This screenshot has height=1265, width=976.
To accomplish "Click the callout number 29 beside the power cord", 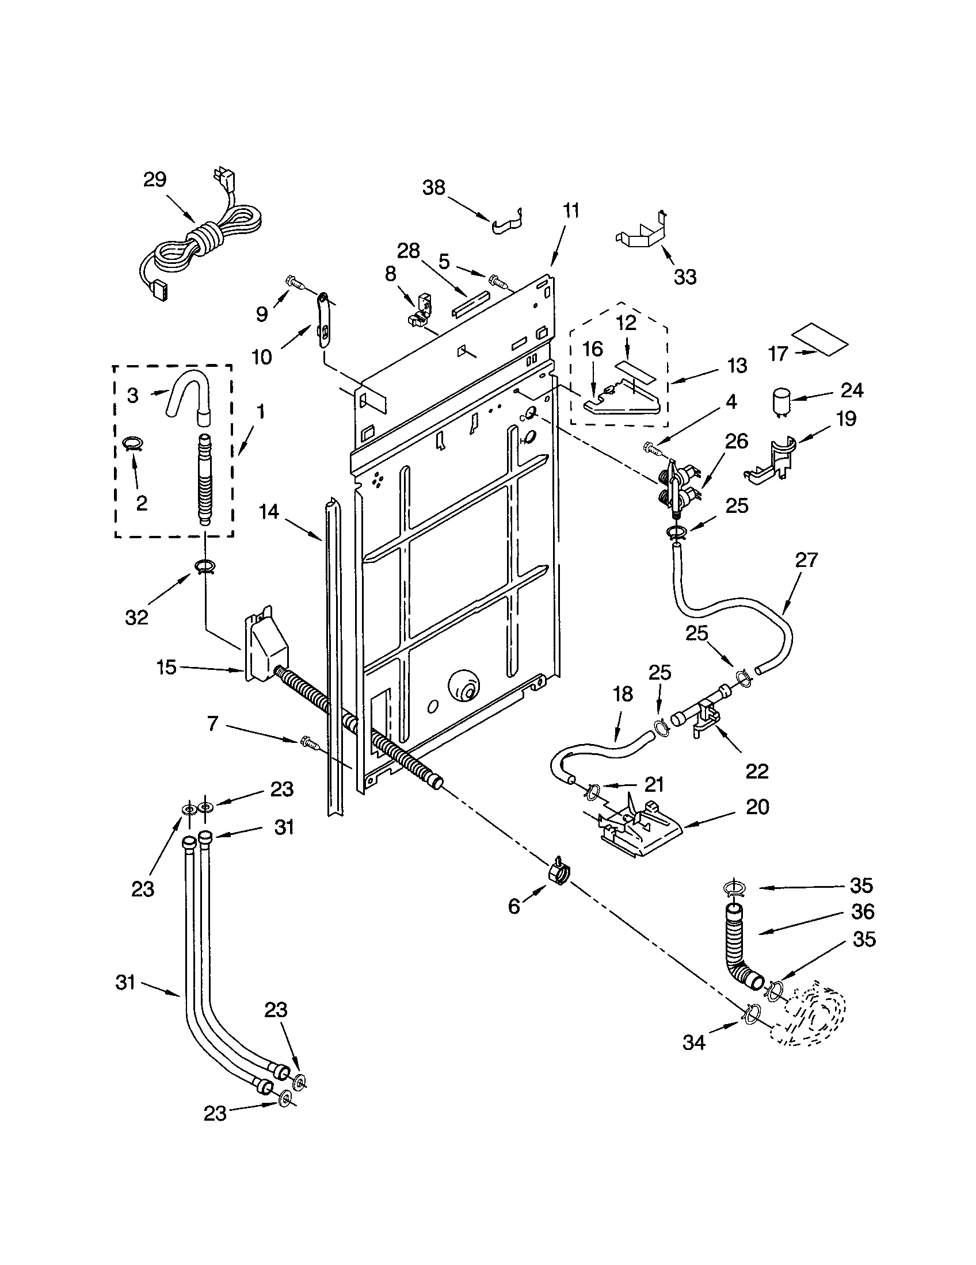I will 155,179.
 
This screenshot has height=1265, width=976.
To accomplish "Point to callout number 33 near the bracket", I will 684,277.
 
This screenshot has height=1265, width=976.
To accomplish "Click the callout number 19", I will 847,418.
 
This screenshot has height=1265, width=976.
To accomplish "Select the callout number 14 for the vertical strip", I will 269,511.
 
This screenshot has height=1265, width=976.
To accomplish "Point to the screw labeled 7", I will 310,743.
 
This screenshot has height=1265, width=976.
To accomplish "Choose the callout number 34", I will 694,1042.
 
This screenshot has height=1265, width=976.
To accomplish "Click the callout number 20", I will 757,807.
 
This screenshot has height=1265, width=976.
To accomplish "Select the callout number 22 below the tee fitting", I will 756,770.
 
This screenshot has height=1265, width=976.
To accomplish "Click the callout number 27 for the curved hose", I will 806,560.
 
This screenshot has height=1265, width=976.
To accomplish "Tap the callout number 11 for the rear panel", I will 571,210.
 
